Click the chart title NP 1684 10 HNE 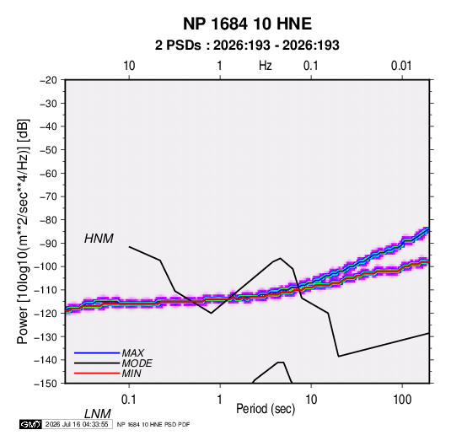click(x=247, y=24)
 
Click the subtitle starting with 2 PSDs click(x=247, y=46)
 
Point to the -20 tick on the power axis click(x=48, y=80)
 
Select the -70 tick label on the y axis click(x=48, y=196)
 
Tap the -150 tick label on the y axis click(x=46, y=384)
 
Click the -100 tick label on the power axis click(x=46, y=266)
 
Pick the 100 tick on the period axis click(x=402, y=399)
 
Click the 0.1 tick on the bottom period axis click(x=129, y=399)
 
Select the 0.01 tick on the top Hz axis click(x=401, y=66)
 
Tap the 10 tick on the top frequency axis click(x=129, y=66)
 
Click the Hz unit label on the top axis click(x=266, y=66)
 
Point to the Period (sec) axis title click(x=266, y=409)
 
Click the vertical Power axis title click(x=23, y=231)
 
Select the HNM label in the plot click(x=99, y=239)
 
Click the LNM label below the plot click(x=98, y=414)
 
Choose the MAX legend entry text click(x=133, y=353)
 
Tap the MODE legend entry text click(x=137, y=363)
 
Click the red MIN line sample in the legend click(x=97, y=373)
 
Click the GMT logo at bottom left click(x=31, y=424)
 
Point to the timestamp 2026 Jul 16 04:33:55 click(x=77, y=424)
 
